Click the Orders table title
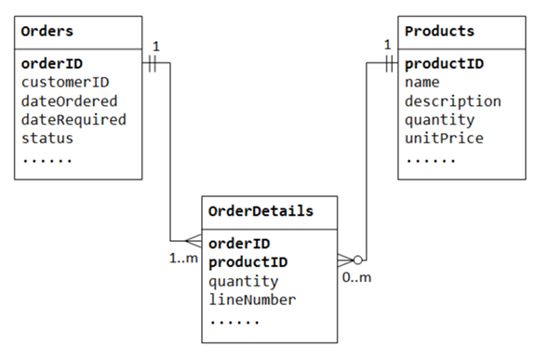pos(47,32)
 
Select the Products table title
pos(439,32)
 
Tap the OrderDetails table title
pos(261,211)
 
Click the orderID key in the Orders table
pos(51,64)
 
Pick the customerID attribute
pos(65,83)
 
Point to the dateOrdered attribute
pos(69,101)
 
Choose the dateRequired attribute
pos(74,120)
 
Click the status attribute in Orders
pos(47,139)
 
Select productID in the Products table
pos(443,64)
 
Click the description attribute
pos(452,101)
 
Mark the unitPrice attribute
pos(443,139)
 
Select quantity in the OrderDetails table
pos(243,281)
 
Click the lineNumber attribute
pos(252,300)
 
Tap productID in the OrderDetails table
pos(248,262)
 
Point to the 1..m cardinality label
pos(182,258)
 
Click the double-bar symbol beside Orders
pos(156,65)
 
